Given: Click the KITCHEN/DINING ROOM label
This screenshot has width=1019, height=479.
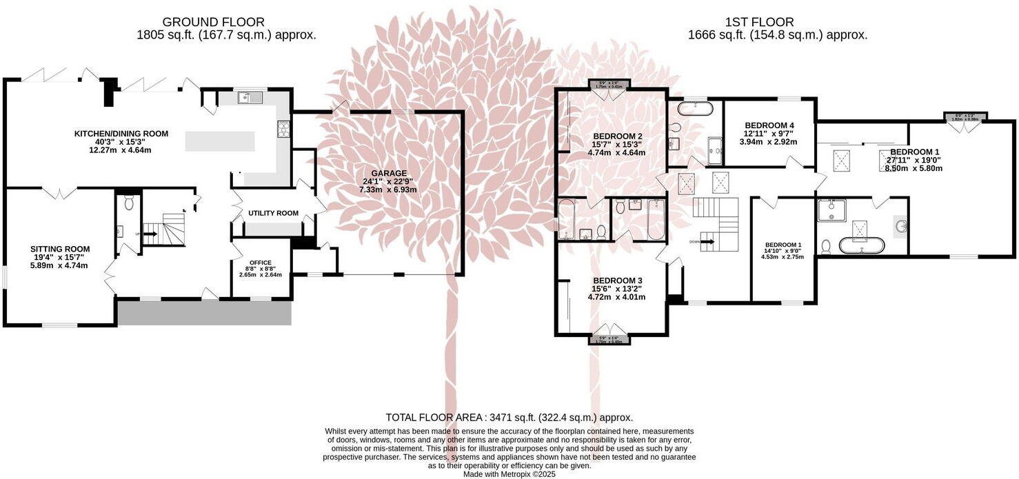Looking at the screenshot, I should click(122, 134).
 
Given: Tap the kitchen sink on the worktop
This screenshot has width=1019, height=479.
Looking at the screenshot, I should click(251, 98).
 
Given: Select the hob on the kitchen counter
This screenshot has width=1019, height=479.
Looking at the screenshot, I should click(283, 128).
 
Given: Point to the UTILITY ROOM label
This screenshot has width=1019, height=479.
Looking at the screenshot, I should click(274, 214).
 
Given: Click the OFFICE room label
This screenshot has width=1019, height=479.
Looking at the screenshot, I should click(260, 263).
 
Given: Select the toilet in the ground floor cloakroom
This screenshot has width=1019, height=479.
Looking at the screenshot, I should click(128, 203).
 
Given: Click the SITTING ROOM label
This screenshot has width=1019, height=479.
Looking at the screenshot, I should click(59, 249).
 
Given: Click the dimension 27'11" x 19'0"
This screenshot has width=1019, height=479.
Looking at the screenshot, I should click(914, 160).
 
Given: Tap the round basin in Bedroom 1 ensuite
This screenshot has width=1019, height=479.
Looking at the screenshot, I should click(900, 224).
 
